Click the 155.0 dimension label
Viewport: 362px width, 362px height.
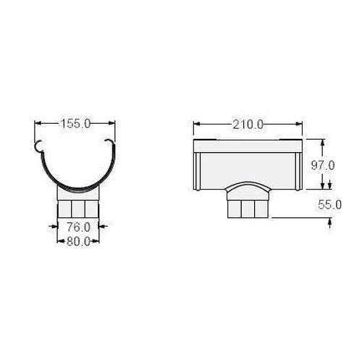coord(75,124)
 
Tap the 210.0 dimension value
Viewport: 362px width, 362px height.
coord(248,125)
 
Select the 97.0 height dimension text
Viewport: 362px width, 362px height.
coord(323,166)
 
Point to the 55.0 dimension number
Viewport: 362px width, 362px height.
coord(329,205)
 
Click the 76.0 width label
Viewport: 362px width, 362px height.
coord(78,227)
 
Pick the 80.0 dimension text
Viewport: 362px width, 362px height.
coord(78,241)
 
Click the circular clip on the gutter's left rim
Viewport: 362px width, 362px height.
coord(39,146)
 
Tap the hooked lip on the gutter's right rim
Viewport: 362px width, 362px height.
coord(110,143)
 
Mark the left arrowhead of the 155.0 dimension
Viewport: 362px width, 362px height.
coord(38,123)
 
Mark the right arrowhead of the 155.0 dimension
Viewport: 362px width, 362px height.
coord(111,123)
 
